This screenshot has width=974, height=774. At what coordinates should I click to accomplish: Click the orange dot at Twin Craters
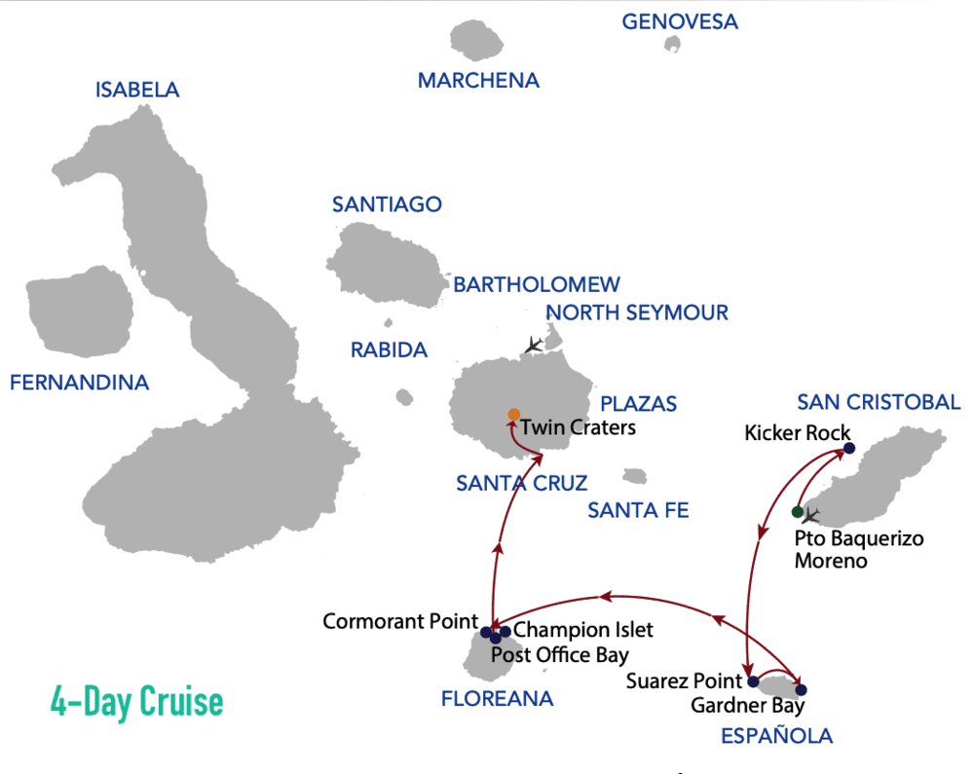514,415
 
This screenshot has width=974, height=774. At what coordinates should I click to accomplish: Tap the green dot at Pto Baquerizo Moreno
797,512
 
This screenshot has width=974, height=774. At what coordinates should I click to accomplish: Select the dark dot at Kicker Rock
848,448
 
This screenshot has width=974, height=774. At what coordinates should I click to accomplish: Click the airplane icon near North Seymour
532,345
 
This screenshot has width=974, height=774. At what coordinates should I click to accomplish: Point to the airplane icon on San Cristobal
810,515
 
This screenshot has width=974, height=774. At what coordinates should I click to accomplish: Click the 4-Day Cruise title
136,700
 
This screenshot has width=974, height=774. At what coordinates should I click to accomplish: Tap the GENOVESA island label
679,20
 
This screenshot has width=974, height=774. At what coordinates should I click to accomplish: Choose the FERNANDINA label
79,383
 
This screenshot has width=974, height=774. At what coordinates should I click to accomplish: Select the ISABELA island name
137,90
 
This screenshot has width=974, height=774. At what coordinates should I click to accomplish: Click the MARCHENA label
478,81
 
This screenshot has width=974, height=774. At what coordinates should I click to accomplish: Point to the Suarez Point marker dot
753,682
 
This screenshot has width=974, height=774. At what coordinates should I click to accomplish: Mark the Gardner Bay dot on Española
801,689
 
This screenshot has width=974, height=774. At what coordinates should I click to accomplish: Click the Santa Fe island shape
635,476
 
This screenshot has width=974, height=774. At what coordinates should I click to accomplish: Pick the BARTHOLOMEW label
537,284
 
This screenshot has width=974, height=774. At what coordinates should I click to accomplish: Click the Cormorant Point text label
399,621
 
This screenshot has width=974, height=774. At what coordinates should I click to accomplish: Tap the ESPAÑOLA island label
776,736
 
